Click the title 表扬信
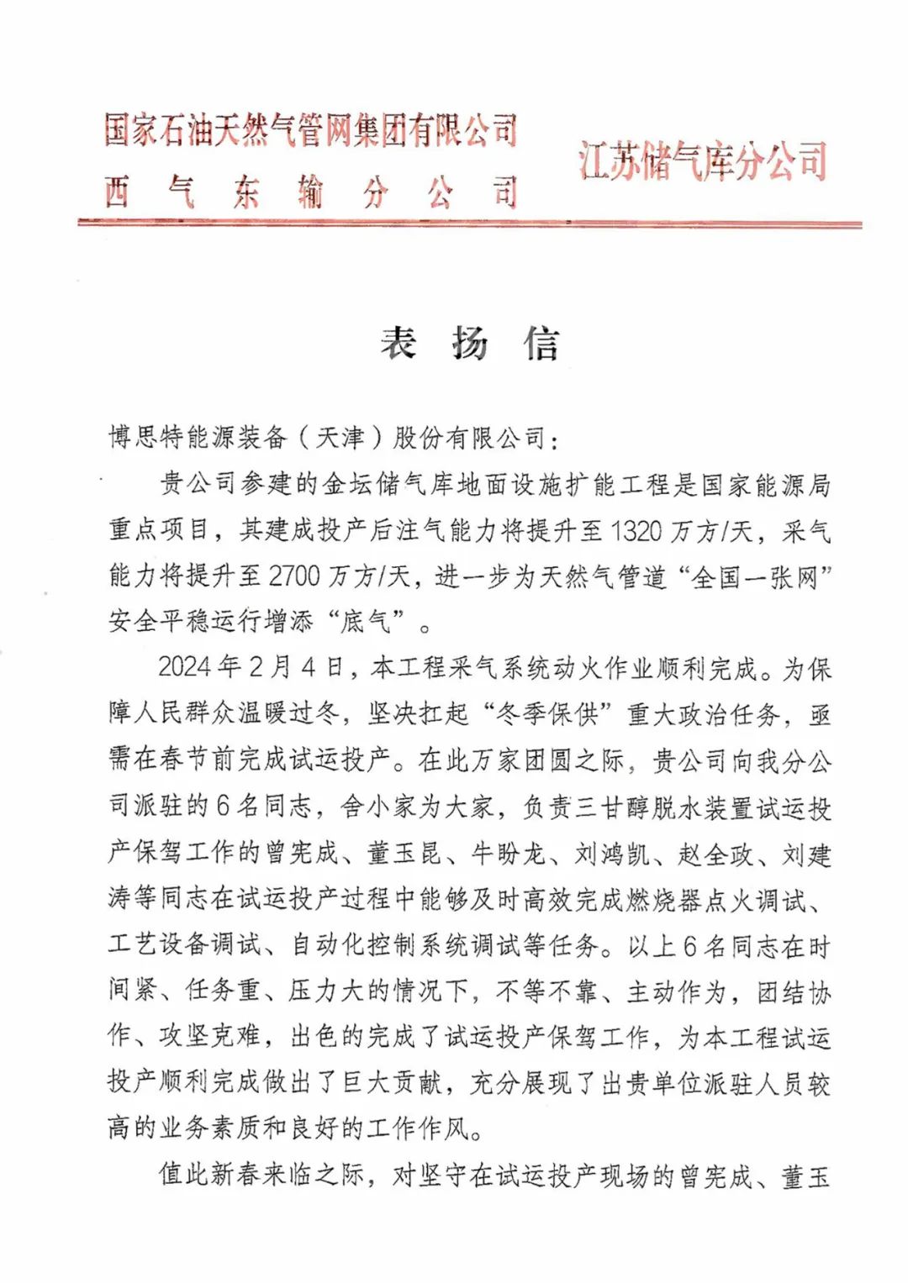pyautogui.click(x=469, y=344)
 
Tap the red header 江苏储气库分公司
pyautogui.click(x=703, y=161)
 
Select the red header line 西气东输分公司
pyautogui.click(x=310, y=193)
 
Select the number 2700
pyautogui.click(x=294, y=576)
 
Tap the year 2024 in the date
pyautogui.click(x=185, y=668)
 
